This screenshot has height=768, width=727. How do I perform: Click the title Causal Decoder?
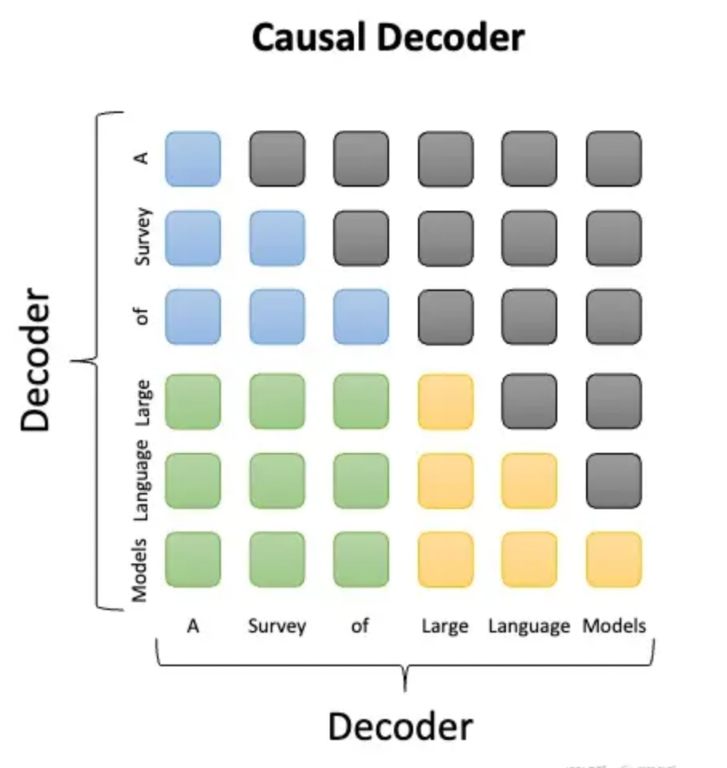pos(388,37)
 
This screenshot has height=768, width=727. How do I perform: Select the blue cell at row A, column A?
pos(193,159)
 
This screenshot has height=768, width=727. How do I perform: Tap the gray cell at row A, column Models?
pos(613,159)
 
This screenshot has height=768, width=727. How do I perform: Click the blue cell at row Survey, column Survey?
pos(277,238)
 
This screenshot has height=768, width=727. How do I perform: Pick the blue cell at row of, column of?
pos(361,317)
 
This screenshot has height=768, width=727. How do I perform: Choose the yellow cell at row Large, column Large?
pos(445,402)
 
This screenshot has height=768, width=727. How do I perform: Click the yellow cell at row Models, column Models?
pos(613,560)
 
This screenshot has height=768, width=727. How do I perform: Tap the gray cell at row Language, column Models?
pos(613,480)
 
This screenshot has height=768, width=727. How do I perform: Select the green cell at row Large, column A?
pos(193,402)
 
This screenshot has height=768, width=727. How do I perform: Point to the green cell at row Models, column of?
pos(361,560)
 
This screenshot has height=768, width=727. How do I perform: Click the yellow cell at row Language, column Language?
pos(529,480)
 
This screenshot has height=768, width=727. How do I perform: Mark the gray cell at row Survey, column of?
pos(361,238)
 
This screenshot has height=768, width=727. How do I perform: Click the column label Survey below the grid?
pos(277,626)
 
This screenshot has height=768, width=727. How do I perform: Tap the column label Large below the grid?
pos(445,626)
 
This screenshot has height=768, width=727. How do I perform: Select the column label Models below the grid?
pos(614,625)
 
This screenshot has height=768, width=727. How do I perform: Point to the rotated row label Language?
pos(143,479)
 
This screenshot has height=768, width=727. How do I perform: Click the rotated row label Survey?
pos(143,237)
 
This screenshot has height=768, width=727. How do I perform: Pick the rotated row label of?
pos(143,317)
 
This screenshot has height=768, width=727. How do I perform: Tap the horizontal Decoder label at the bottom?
pos(400,727)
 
